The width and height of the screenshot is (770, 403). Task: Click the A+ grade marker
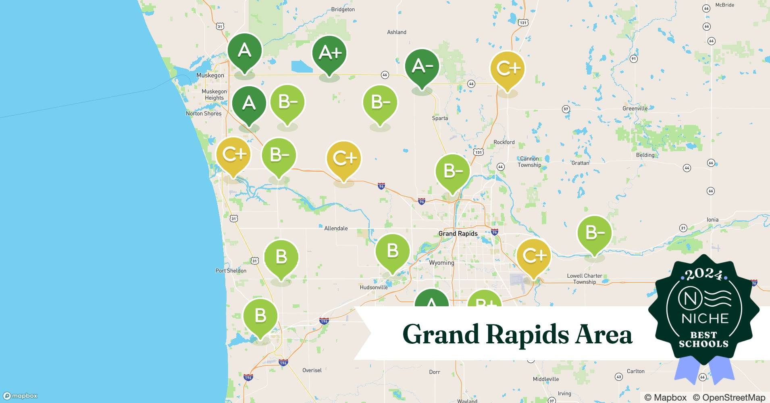pos(329,53)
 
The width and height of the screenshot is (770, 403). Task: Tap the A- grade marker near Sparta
pos(422,66)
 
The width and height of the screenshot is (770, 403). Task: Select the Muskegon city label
pos(210,75)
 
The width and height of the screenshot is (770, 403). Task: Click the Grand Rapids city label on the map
pos(458,234)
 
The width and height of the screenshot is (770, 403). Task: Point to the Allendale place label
pos(336,228)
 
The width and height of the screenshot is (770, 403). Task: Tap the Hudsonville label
pos(373,287)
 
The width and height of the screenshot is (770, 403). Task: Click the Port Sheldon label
pos(231,271)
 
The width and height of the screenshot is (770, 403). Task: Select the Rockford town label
pos(504,142)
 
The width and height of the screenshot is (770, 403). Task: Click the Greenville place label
pos(635,108)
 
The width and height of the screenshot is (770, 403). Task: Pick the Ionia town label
pos(712,220)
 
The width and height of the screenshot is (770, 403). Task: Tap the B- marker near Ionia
pos(594,233)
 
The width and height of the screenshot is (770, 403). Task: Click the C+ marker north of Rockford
pos(507,68)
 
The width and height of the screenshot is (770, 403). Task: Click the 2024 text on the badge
pos(704,275)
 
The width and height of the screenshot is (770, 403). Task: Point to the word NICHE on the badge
pos(705,318)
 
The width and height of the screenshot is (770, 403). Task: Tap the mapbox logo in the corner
pos(20,396)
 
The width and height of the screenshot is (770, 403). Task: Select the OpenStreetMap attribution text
pos(729,397)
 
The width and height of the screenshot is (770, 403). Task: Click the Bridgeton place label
pos(343,9)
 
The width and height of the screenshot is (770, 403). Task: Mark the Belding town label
pos(645,155)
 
